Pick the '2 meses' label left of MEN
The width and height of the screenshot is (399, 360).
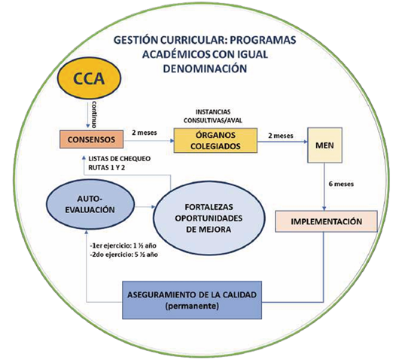tap(281, 136)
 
